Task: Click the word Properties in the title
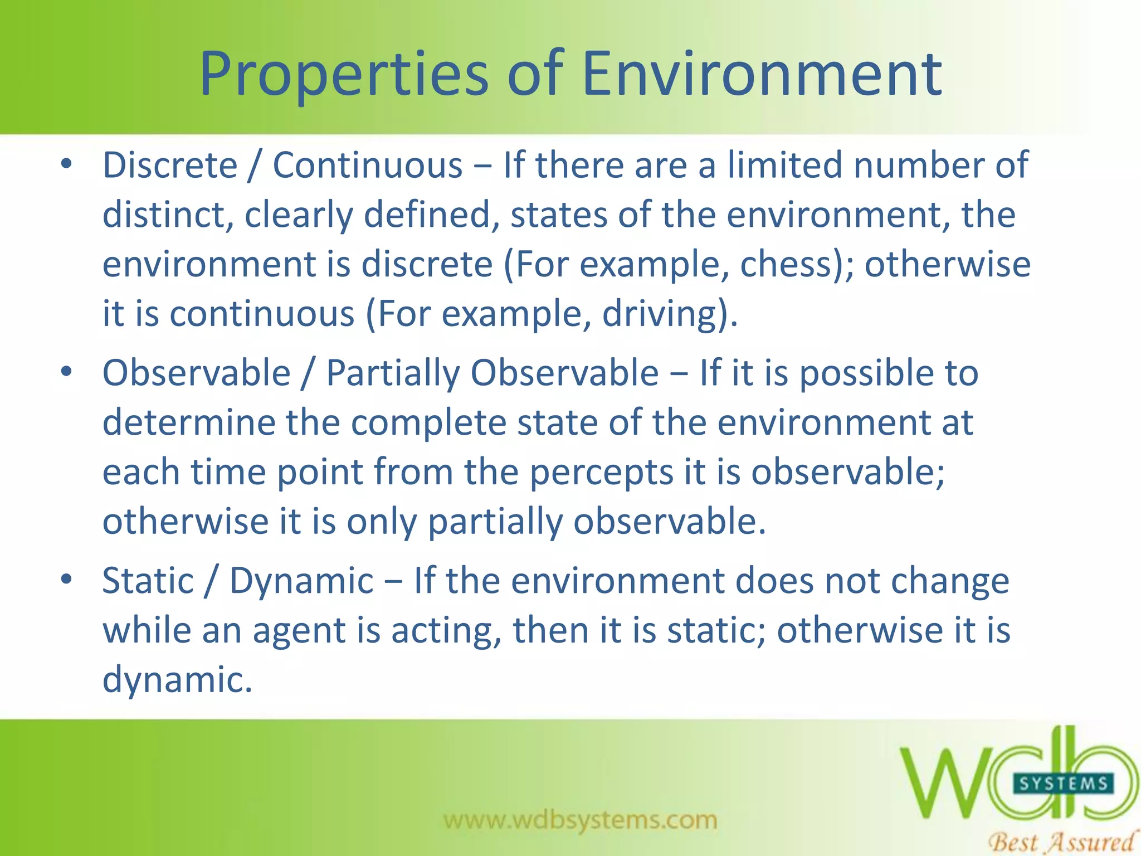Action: (x=344, y=74)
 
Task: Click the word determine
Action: (x=189, y=422)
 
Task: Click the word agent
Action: (x=299, y=631)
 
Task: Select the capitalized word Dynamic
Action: (x=301, y=581)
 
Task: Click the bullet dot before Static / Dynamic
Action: (x=67, y=580)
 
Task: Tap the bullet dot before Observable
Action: (x=67, y=372)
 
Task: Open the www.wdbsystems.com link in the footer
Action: (x=580, y=820)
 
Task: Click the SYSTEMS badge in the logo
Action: (x=1063, y=784)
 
